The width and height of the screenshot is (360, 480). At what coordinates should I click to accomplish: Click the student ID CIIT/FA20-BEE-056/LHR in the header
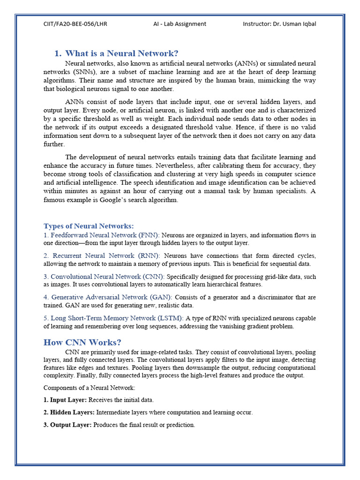pos(75,24)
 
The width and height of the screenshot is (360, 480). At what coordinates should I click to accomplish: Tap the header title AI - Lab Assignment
pos(180,24)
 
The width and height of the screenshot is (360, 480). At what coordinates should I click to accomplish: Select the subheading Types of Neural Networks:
pos(89,226)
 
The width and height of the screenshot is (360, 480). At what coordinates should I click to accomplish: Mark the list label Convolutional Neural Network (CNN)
pos(107,277)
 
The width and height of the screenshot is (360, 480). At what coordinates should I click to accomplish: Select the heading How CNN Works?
pos(82,342)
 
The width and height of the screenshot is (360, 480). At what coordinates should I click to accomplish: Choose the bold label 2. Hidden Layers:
pos(69,412)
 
